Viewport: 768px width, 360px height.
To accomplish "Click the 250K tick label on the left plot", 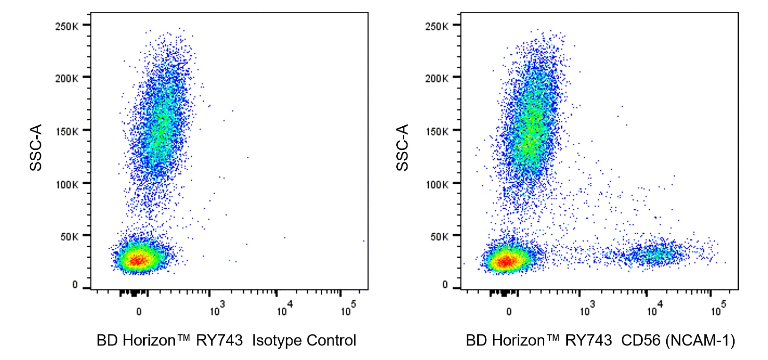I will [67, 26].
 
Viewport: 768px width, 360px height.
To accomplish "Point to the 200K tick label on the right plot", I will [437, 79].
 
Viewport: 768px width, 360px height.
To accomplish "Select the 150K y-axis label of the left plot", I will [67, 131].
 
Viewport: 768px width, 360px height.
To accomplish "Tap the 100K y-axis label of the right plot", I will [437, 184].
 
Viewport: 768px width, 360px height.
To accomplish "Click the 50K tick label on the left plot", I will [69, 237].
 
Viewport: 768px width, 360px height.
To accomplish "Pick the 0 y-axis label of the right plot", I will [445, 285].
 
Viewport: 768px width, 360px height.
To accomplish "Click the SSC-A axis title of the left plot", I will [36, 147].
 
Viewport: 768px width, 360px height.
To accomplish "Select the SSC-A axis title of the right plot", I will [402, 147].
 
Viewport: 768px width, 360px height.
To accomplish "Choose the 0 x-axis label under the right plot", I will [509, 312].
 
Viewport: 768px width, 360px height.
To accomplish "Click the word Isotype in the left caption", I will [277, 341].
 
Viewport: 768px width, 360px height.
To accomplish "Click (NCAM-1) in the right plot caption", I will [700, 341].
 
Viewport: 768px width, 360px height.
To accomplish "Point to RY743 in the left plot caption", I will [219, 341].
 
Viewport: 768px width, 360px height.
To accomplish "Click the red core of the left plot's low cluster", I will [137, 260].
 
